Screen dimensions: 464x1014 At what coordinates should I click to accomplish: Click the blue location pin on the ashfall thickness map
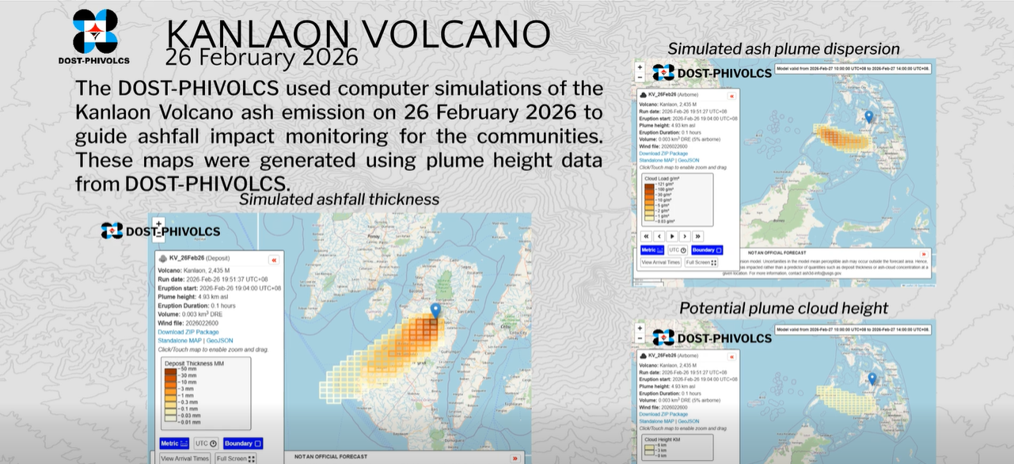[435, 310]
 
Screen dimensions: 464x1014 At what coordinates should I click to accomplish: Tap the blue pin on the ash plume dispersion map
[868, 116]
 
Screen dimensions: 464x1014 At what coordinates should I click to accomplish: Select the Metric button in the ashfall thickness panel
[174, 443]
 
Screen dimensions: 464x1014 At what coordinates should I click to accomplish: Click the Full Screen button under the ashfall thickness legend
[236, 458]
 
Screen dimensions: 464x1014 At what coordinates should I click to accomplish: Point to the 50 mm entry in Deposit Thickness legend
[188, 370]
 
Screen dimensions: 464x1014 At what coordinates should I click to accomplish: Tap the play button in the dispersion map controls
[672, 236]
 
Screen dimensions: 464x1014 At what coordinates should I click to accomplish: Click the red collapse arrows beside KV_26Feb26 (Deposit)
[273, 260]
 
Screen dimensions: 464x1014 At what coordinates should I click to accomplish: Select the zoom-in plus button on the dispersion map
[640, 67]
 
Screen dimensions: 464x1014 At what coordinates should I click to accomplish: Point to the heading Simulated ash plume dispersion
[784, 49]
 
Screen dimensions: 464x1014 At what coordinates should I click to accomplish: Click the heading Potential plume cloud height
[784, 308]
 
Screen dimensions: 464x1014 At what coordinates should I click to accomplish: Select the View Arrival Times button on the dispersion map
[660, 262]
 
